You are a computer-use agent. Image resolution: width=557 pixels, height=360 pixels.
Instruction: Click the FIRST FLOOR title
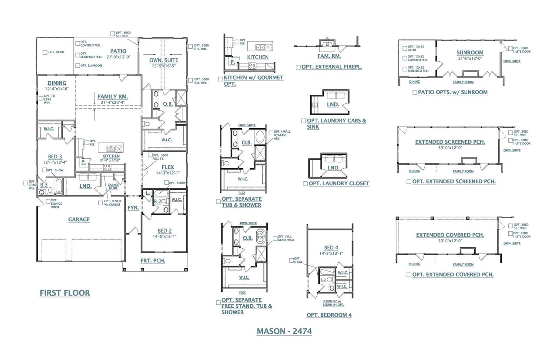(65, 293)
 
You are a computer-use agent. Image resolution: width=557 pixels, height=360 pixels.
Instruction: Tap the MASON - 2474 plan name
(284, 331)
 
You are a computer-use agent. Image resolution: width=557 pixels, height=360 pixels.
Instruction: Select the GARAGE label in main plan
(79, 220)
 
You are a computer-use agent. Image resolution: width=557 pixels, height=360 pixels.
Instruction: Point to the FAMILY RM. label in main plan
(112, 96)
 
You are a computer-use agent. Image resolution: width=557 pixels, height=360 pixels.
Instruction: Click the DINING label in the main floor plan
(57, 83)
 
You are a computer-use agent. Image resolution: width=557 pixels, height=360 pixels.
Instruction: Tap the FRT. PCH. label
(152, 261)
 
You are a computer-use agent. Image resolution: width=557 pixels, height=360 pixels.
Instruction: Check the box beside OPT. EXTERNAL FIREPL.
(298, 67)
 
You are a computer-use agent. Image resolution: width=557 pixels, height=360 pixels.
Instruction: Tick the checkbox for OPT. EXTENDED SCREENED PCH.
(409, 182)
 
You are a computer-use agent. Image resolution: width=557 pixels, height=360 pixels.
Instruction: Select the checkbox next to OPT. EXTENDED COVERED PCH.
(409, 275)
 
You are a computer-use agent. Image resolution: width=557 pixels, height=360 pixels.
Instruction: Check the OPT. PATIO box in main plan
(45, 52)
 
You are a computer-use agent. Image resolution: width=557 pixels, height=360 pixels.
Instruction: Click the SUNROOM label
(470, 53)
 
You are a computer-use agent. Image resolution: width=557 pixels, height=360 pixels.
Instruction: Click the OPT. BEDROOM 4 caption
(329, 315)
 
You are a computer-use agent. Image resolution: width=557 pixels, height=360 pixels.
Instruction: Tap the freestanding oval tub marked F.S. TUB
(261, 237)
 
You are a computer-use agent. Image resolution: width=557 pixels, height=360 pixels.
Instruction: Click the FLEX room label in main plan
(168, 167)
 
